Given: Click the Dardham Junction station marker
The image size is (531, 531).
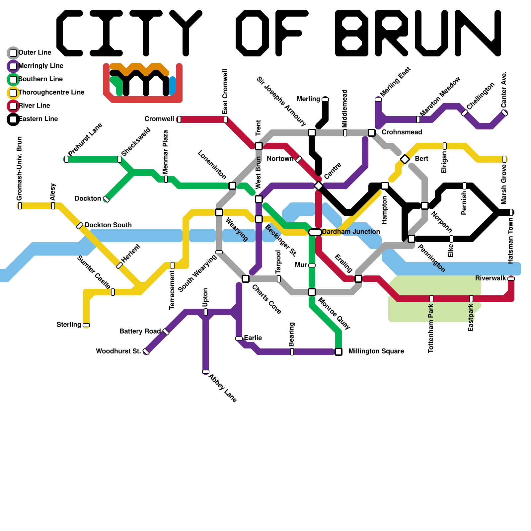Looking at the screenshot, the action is (315, 232).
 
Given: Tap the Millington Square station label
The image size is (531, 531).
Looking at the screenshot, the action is (376, 351).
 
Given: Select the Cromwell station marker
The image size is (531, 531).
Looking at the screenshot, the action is (179, 119).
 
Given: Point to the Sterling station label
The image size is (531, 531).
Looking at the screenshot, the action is (69, 325).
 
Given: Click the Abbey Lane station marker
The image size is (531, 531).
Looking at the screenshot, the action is (206, 372).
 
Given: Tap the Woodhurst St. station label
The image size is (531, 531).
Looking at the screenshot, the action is (118, 351).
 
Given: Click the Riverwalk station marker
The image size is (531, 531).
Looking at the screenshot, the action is (511, 279).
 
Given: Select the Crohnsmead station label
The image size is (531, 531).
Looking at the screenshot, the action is (402, 132).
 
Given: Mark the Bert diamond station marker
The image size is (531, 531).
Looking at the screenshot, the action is (405, 159).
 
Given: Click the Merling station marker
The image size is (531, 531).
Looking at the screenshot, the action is (325, 100).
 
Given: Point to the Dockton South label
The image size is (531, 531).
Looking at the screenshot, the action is (108, 225).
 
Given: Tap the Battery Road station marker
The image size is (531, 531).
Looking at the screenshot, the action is (166, 332).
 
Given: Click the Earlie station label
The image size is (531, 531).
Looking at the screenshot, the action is (253, 338).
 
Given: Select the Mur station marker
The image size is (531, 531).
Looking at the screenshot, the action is (312, 265).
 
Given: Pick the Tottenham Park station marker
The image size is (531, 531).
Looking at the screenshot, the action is (431, 299).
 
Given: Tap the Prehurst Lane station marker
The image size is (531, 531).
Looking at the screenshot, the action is (66, 159).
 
